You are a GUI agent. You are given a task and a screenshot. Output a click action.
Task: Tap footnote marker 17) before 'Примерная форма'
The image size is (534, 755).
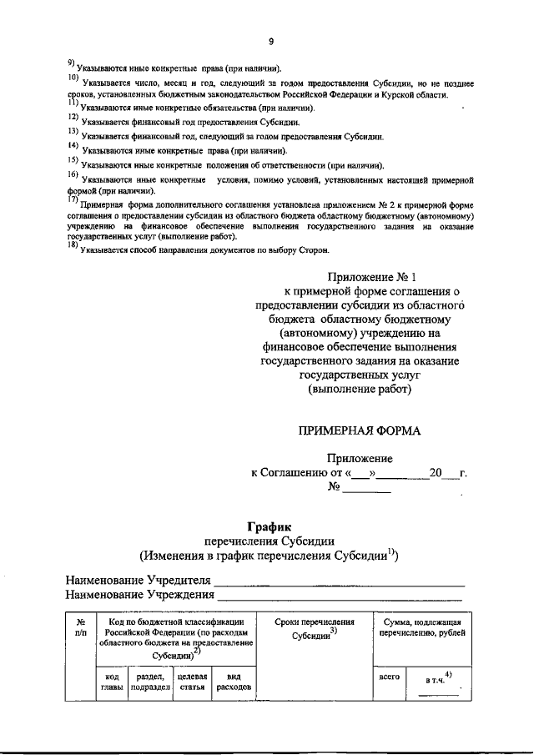coord(73,201)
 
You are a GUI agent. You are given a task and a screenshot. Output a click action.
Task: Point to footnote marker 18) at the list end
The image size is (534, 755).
coord(73,246)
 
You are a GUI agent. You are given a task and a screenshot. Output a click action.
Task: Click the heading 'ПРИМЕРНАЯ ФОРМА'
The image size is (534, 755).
coord(360,430)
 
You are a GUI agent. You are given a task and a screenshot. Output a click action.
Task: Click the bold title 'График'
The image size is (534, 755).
coord(267,526)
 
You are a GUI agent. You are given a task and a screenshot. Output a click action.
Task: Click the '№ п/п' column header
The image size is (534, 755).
coord(81,627)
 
